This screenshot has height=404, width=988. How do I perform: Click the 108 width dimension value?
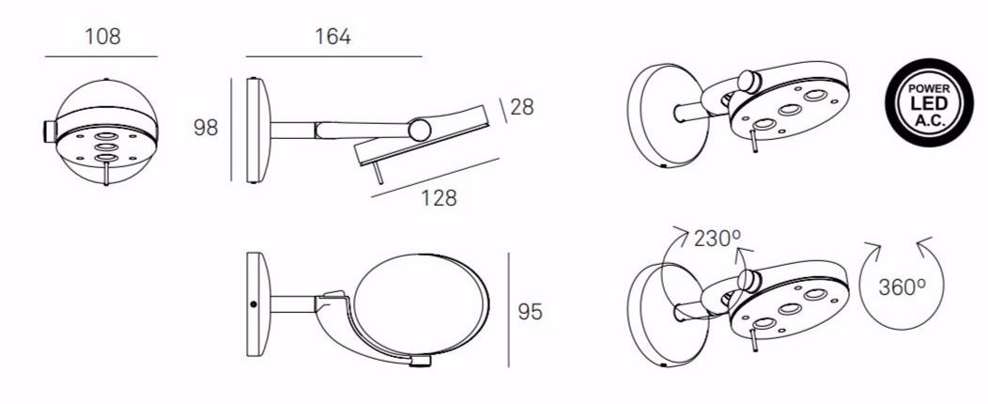pyautogui.click(x=102, y=37)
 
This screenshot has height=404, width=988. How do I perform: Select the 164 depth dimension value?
pyautogui.click(x=332, y=37)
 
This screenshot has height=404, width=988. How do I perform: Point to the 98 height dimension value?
pyautogui.click(x=206, y=128)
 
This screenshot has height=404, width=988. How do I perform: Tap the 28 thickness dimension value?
pyautogui.click(x=522, y=107)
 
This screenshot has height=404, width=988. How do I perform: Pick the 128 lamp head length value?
pyautogui.click(x=439, y=198)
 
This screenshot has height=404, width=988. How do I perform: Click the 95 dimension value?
pyautogui.click(x=530, y=311)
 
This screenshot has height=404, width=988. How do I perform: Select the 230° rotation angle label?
pyautogui.click(x=718, y=239)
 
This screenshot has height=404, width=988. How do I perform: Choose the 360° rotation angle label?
pyautogui.click(x=903, y=287)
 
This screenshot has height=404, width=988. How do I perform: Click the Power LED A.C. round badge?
pyautogui.click(x=929, y=102)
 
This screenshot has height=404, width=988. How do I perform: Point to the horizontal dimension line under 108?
pyautogui.click(x=100, y=56)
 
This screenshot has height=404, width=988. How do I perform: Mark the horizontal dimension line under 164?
pyautogui.click(x=334, y=56)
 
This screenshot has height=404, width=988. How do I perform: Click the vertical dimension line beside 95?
pyautogui.click(x=508, y=310)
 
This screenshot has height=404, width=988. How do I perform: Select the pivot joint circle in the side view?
pyautogui.click(x=420, y=130)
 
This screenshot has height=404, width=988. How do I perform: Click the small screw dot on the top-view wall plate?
pyautogui.click(x=254, y=304)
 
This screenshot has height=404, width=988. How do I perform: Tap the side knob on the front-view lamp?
pyautogui.click(x=49, y=132)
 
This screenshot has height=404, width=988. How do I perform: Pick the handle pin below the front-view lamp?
pyautogui.click(x=106, y=173)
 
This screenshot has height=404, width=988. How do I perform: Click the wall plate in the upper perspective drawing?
pyautogui.click(x=668, y=116)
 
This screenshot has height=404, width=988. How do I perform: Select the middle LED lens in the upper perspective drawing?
pyautogui.click(x=790, y=110)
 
